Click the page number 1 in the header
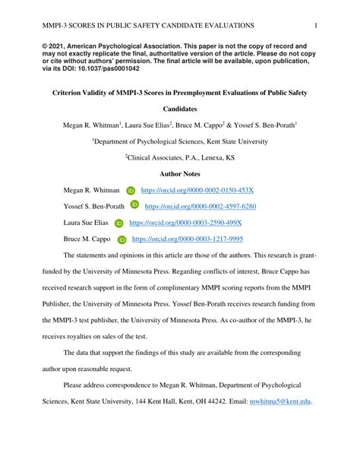pos(315,25)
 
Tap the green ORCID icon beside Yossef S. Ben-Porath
pos(134,205)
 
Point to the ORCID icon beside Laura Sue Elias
pos(118,223)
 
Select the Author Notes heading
pos(179,174)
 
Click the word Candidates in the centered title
pos(179,109)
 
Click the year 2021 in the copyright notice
pos(63,46)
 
